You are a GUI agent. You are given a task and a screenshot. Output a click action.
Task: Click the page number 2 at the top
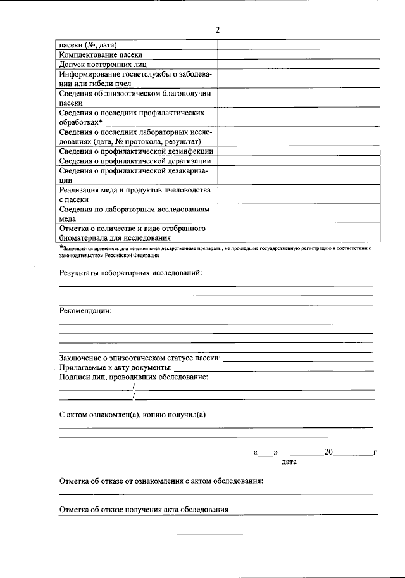coord(217,30)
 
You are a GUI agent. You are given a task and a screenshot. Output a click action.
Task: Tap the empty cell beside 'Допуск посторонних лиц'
coord(299,65)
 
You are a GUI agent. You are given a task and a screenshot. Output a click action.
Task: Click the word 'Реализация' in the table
coord(79,190)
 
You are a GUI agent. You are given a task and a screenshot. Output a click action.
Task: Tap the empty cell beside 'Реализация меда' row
coord(299,194)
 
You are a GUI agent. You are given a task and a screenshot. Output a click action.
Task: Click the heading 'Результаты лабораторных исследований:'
coord(130,272)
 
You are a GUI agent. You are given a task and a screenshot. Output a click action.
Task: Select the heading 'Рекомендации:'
coord(85,311)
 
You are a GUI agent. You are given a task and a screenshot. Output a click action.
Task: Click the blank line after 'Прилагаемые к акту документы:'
coord(273,369)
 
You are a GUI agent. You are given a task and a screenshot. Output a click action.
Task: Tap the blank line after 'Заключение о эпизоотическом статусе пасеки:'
coord(297,360)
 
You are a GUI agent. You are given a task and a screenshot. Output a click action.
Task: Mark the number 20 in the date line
coord(328,453)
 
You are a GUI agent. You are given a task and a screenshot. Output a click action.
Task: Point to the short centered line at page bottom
coord(218,534)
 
